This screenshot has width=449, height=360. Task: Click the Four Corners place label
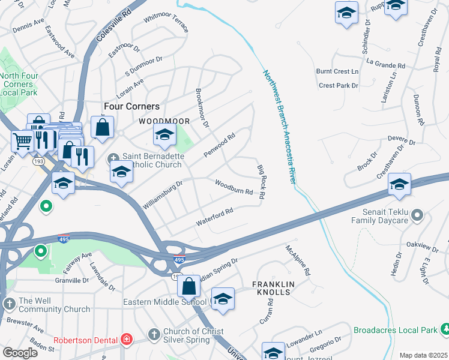(x=131, y=106)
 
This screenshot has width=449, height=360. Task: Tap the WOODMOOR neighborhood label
(x=164, y=121)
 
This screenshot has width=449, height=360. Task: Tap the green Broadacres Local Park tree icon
(x=445, y=329)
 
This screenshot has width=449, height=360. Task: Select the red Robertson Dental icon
(x=126, y=340)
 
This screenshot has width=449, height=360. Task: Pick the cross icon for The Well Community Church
(x=9, y=303)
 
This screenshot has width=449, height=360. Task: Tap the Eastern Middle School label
(x=165, y=301)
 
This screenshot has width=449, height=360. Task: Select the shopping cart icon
(x=22, y=141)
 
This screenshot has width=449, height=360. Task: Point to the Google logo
(x=20, y=352)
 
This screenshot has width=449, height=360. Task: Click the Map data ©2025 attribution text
(x=423, y=355)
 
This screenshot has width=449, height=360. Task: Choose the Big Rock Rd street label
(x=261, y=182)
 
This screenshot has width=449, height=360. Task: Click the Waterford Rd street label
(x=214, y=217)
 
